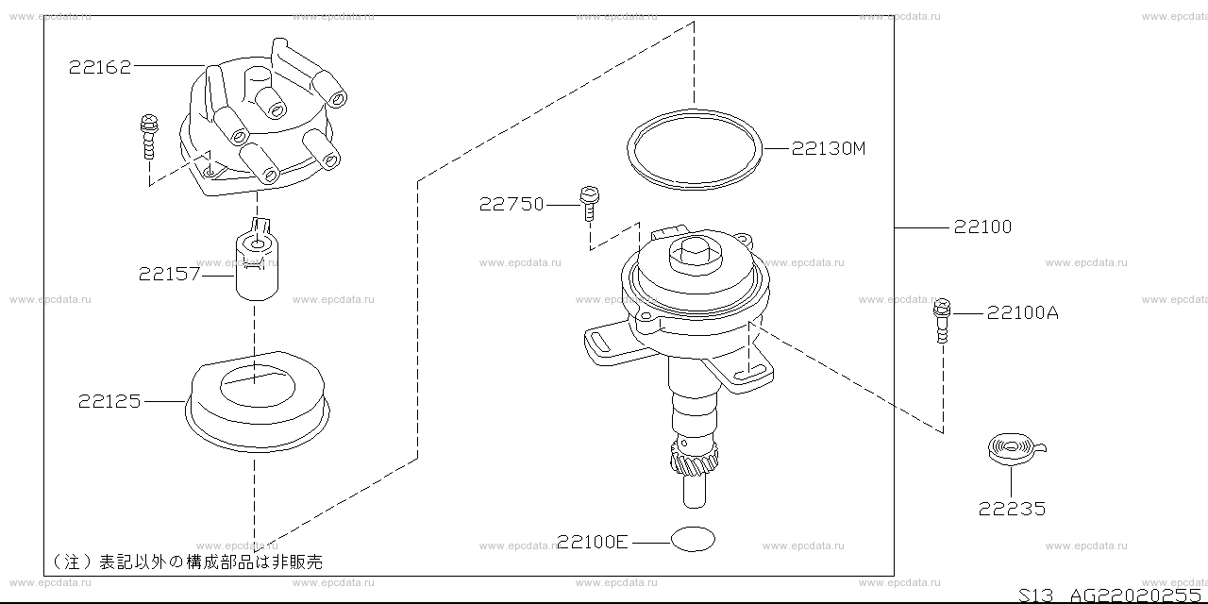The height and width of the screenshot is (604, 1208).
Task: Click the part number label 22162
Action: (100, 67)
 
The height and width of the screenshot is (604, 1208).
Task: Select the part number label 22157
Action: (169, 274)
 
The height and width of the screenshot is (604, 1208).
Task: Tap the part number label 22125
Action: (109, 401)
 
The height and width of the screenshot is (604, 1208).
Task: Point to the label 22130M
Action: (829, 148)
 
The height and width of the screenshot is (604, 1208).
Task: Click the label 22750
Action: (512, 204)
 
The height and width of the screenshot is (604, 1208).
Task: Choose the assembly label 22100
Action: (982, 226)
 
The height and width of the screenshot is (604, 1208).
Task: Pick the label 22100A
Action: (1022, 312)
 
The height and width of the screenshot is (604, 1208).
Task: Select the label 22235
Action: (1012, 509)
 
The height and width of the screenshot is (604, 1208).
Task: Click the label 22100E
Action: (592, 542)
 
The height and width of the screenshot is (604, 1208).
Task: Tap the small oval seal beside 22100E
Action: (693, 539)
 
